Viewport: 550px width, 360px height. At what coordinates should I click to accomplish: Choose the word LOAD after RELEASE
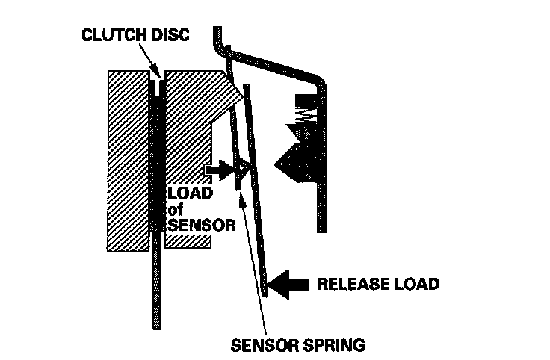click(418, 284)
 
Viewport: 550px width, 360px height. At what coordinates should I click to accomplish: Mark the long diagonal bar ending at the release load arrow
click(256, 187)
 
